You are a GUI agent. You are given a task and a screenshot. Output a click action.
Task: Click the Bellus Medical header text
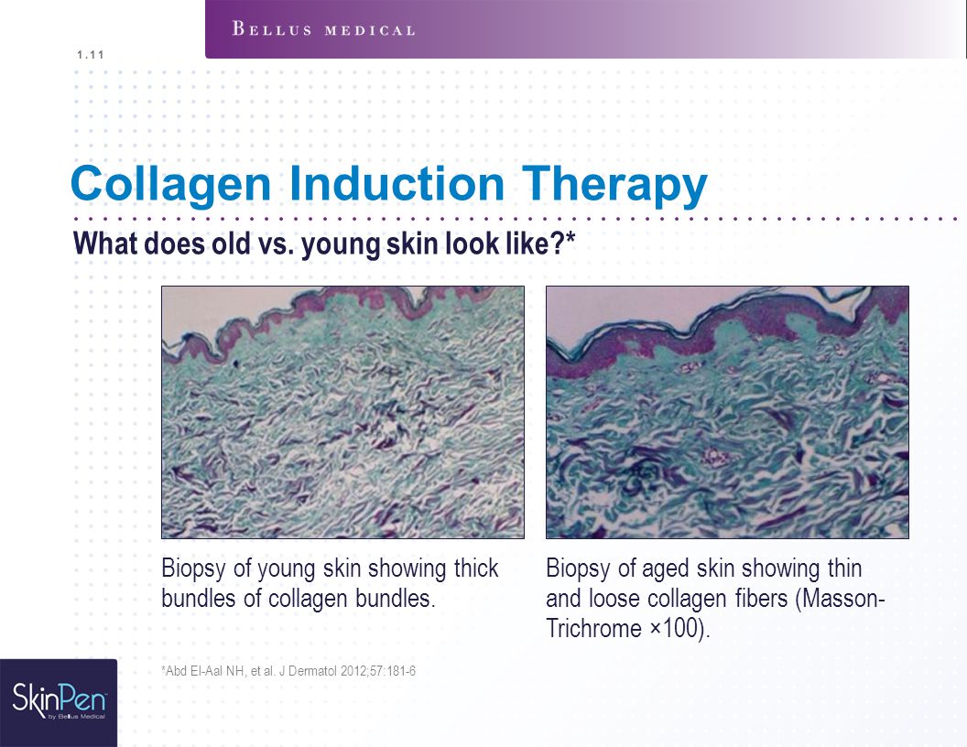click(x=323, y=29)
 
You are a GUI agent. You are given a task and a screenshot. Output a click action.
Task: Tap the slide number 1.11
click(x=91, y=55)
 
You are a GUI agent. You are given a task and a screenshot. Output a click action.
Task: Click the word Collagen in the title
click(x=171, y=184)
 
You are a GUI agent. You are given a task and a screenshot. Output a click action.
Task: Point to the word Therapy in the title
click(x=614, y=184)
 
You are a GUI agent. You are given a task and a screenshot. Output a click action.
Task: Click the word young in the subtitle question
click(x=342, y=244)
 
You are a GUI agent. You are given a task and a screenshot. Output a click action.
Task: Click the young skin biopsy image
click(x=342, y=412)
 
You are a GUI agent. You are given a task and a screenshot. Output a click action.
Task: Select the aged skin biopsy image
click(x=727, y=412)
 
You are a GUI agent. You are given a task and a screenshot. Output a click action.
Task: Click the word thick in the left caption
click(x=476, y=568)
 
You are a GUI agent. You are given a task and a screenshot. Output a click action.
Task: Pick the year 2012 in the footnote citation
click(x=353, y=671)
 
